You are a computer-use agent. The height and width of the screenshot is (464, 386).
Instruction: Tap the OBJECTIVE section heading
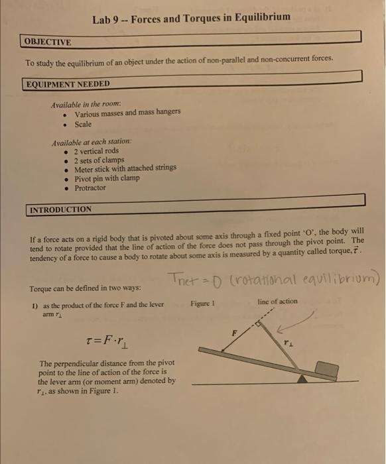coord(48,42)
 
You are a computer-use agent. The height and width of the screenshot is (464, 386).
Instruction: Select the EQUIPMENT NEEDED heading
coord(67,84)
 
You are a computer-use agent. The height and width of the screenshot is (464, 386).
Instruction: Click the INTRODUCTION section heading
coord(60,209)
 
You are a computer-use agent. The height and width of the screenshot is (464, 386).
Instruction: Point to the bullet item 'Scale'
coord(83,124)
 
